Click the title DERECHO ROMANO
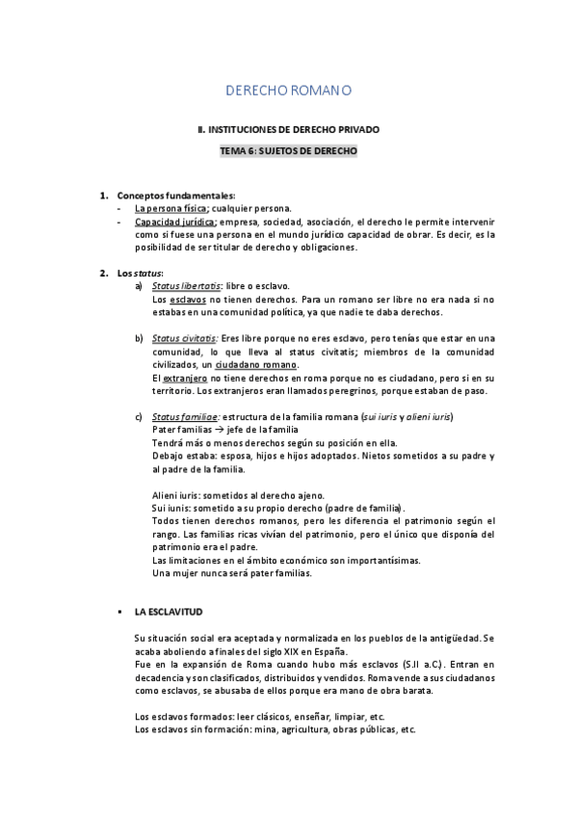tap(288, 91)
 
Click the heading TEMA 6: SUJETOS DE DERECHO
tap(288, 151)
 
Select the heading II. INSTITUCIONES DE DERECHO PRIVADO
tap(288, 128)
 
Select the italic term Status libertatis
tap(187, 286)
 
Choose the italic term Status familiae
tap(186, 416)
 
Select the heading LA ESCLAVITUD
tap(169, 612)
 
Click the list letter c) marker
tap(139, 416)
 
